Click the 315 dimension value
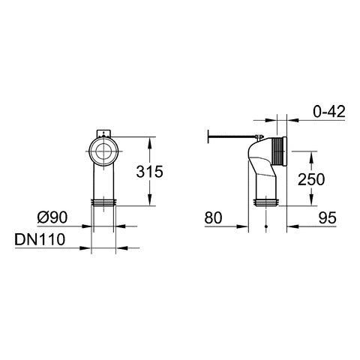[x=149, y=172]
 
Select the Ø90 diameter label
[x=52, y=217]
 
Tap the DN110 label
[x=40, y=239]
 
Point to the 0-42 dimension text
[x=329, y=112]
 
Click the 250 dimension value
[x=311, y=179]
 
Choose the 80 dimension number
[x=213, y=217]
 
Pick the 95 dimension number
[x=328, y=217]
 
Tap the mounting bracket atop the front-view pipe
[x=103, y=133]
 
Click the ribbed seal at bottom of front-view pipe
[x=103, y=202]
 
